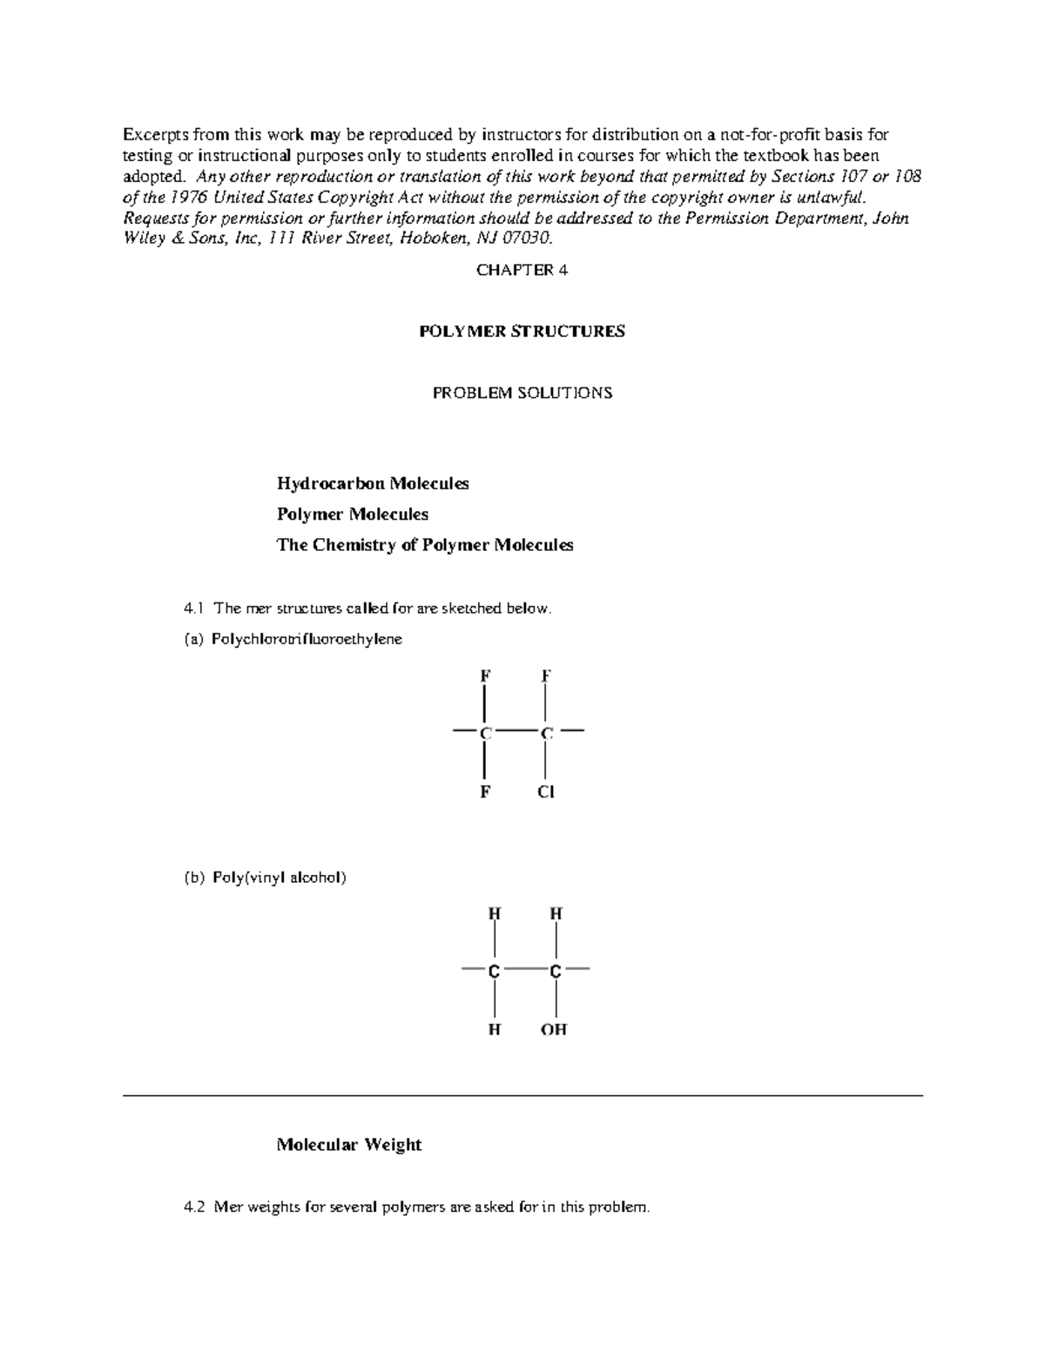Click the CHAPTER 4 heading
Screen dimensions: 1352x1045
[522, 271]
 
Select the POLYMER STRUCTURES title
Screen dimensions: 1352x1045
[522, 332]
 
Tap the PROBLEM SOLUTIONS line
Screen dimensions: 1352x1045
[522, 393]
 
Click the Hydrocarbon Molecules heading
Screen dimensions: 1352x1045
[373, 483]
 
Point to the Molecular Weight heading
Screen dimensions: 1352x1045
[348, 1145]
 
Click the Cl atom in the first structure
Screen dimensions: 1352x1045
[546, 792]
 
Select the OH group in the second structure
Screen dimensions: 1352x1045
[554, 1030]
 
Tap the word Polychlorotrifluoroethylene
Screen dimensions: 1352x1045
[307, 640]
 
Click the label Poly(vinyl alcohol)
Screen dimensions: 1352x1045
[279, 878]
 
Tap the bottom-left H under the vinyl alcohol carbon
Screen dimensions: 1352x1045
[494, 1030]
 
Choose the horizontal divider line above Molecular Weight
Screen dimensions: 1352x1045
[522, 1096]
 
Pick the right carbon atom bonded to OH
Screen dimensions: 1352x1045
[555, 972]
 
